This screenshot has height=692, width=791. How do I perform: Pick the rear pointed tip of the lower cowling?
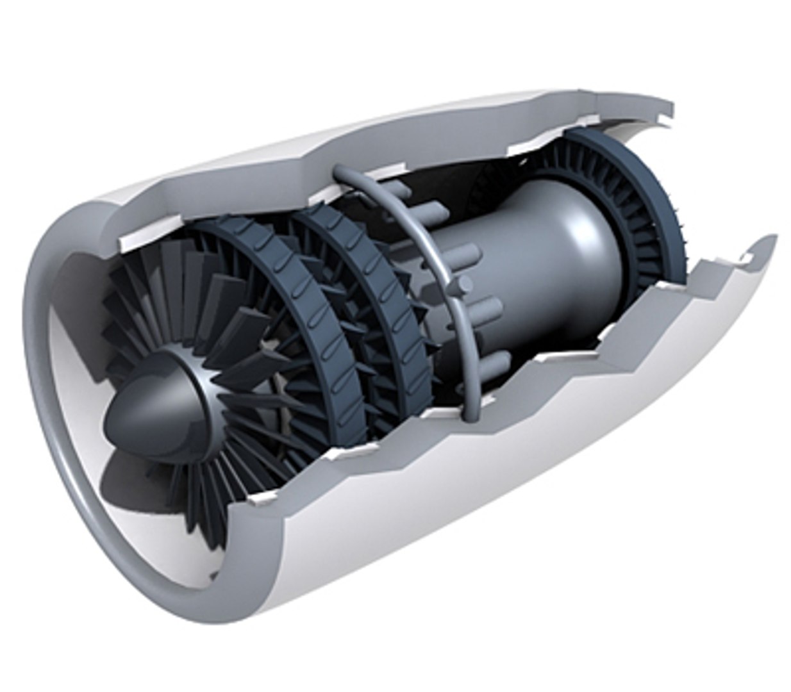click(x=769, y=240)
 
